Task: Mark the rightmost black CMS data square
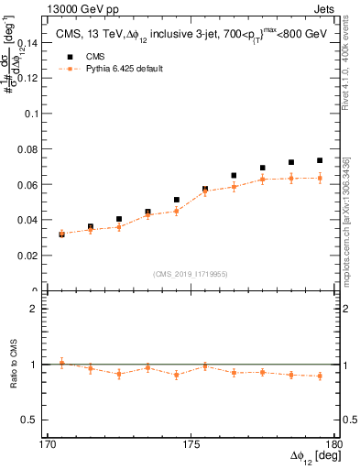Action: (x=320, y=160)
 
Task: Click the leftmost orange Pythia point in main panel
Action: (x=61, y=234)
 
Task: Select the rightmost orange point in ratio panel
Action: (x=320, y=376)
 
